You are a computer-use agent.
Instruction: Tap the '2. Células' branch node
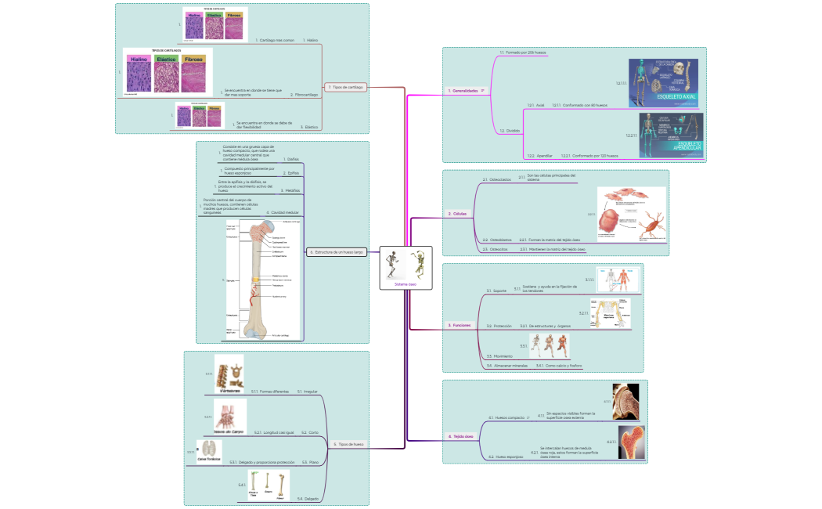coord(458,214)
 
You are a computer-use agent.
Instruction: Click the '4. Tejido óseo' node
coord(462,436)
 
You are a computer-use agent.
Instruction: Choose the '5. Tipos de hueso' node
coord(349,444)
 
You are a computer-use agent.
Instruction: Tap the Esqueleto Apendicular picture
coord(670,134)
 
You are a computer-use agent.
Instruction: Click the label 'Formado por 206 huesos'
coord(525,52)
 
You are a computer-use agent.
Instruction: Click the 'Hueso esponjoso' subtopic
coord(505,456)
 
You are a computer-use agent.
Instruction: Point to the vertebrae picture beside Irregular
coord(229,374)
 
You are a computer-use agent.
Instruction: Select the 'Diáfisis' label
coord(290,159)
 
